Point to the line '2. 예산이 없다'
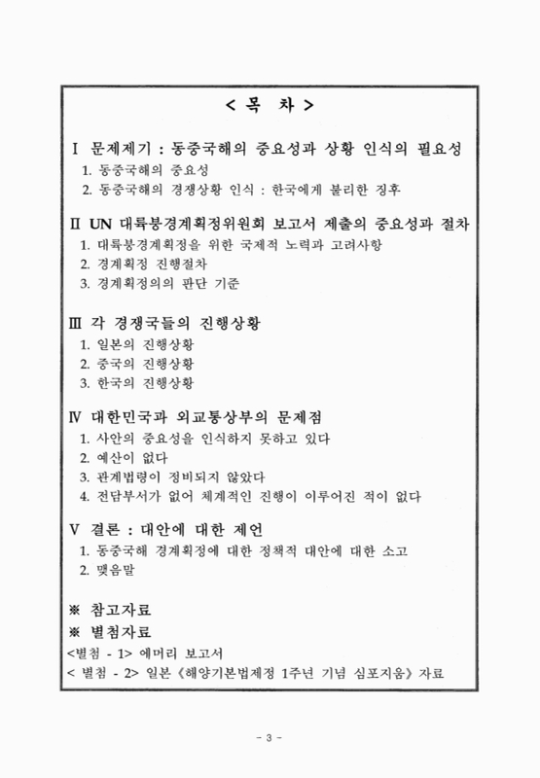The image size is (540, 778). click(125, 458)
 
